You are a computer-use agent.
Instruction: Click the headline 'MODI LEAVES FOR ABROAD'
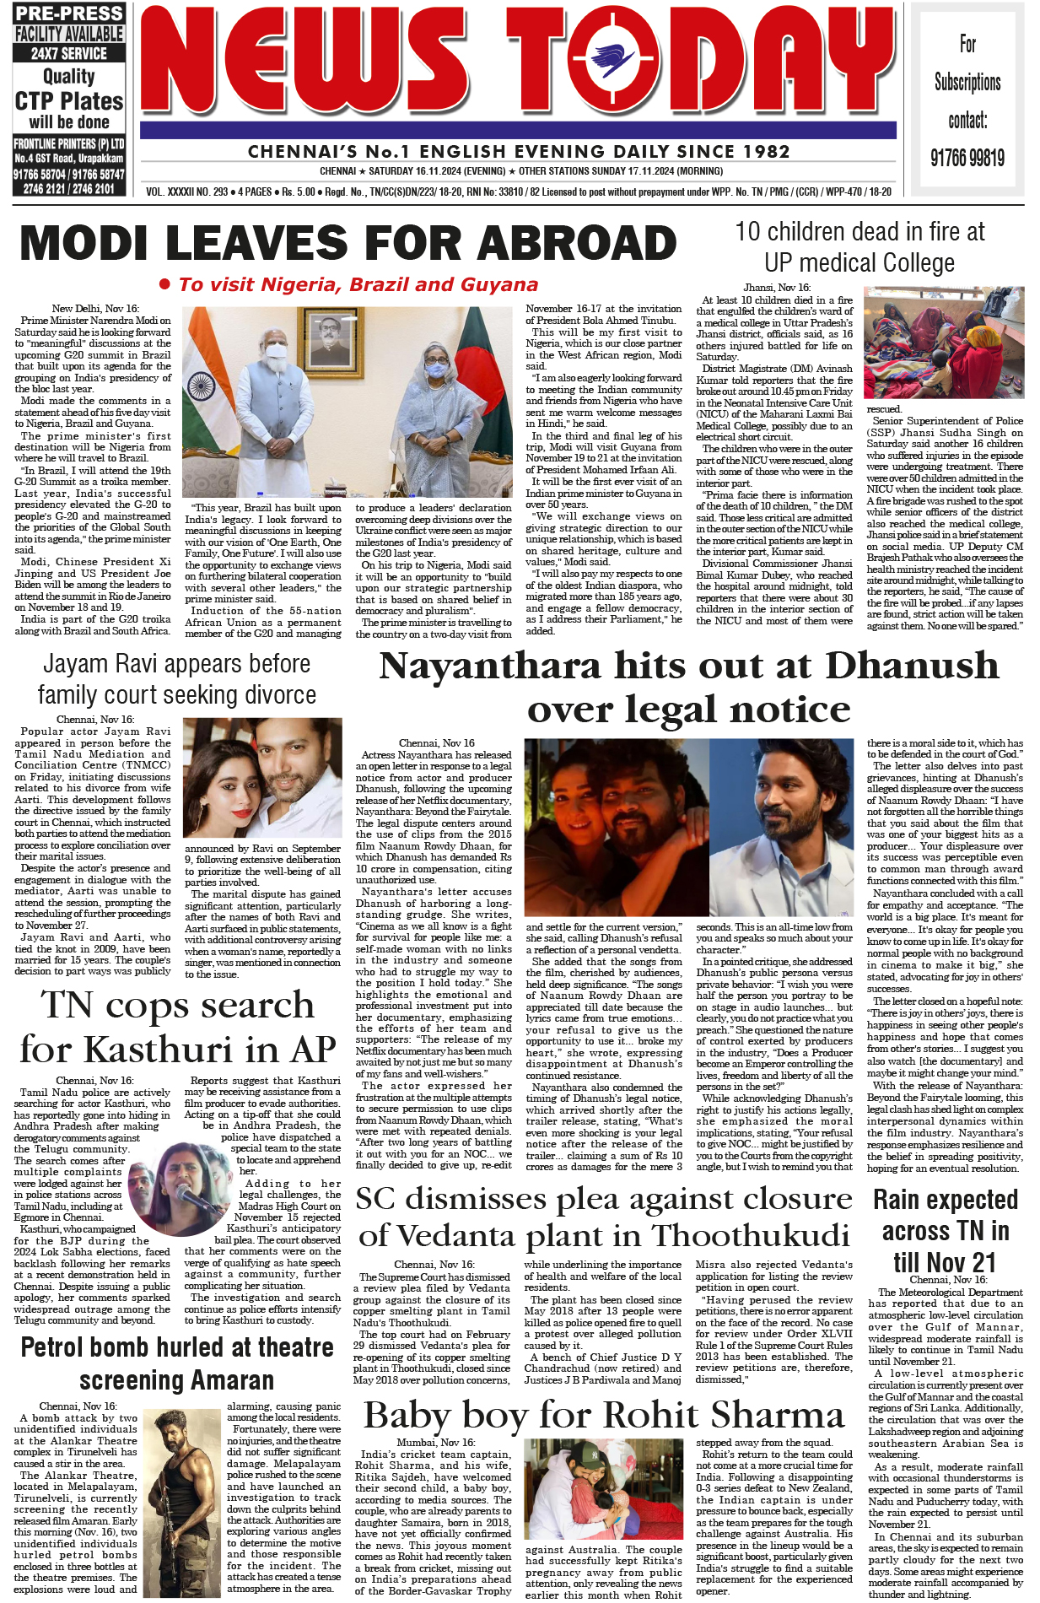coord(348,244)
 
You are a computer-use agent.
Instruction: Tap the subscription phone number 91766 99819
coord(967,158)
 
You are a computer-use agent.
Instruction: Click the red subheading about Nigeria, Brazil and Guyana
coord(358,285)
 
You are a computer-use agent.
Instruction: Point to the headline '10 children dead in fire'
coord(859,246)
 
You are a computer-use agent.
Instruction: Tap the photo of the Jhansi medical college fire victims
coord(944,343)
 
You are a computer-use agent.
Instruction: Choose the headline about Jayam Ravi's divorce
coord(176,679)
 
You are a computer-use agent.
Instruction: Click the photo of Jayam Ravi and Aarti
coord(262,777)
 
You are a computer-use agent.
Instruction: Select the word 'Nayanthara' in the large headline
coord(490,667)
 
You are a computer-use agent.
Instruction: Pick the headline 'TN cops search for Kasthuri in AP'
coord(177,1027)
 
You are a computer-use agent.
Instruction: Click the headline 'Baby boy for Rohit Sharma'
coord(604,1415)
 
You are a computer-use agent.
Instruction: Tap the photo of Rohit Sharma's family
coord(603,1490)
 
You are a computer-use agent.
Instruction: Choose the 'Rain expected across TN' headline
coord(945,1231)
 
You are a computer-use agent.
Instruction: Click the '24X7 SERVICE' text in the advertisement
coord(69,53)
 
